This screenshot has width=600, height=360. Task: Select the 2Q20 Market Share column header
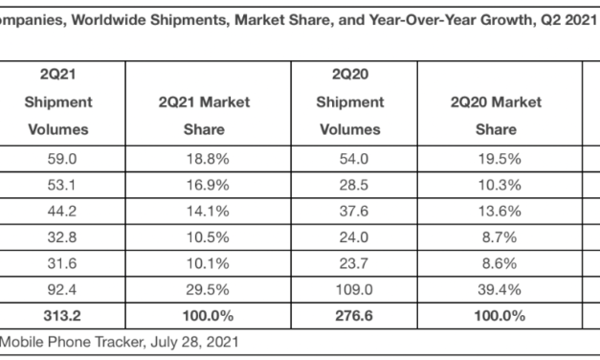[x=497, y=115]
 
